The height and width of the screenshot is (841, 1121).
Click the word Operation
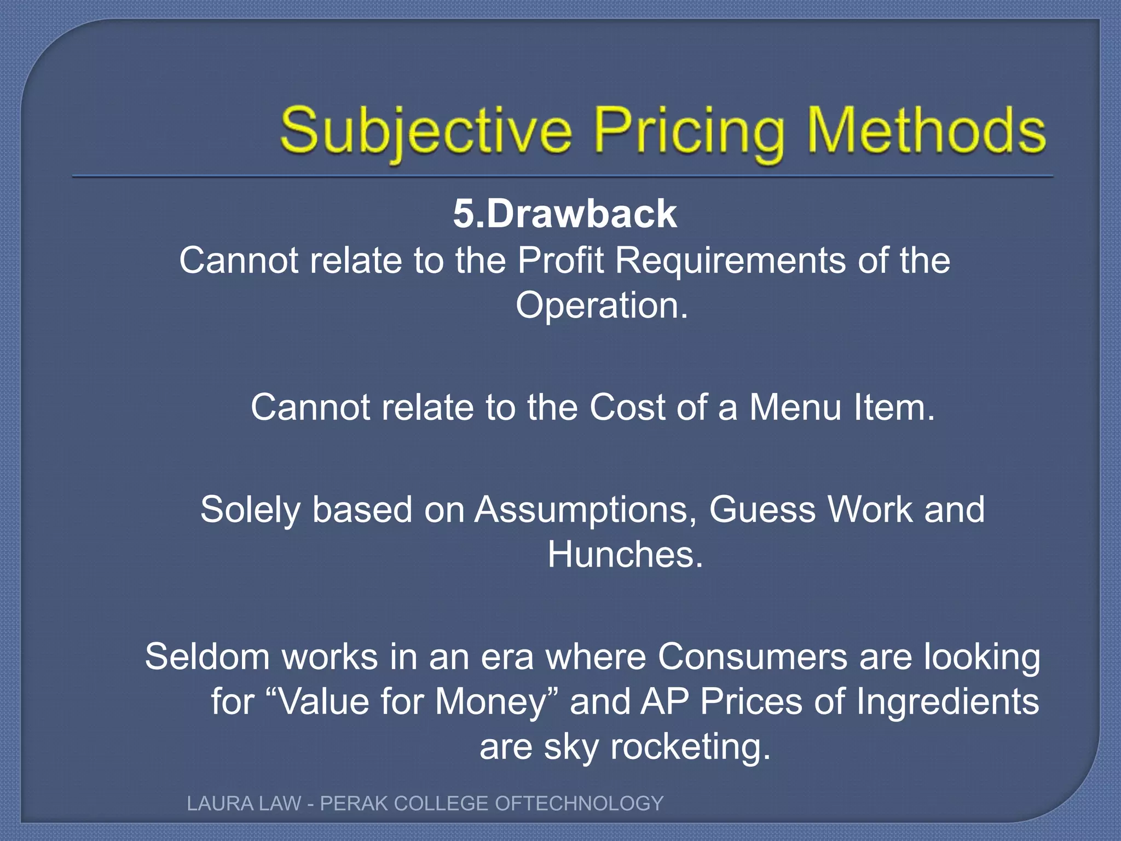[x=601, y=306]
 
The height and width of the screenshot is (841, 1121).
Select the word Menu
[x=795, y=407]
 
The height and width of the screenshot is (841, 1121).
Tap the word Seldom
[x=207, y=656]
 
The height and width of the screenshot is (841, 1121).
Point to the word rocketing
[x=690, y=747]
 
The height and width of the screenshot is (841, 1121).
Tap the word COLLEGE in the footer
[x=441, y=804]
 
